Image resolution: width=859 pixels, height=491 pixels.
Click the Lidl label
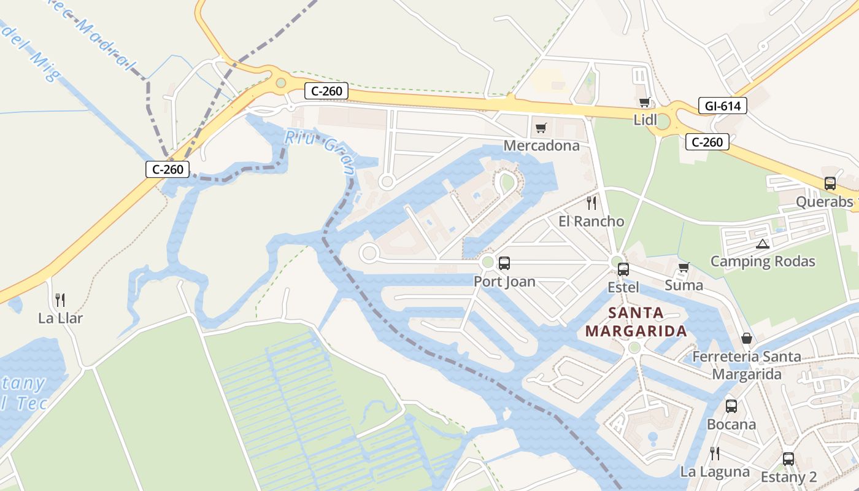click(645, 120)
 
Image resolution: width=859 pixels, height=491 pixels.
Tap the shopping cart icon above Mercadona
click(541, 128)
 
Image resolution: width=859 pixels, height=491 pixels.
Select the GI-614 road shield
click(722, 106)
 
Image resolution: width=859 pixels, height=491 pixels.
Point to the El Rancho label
click(591, 222)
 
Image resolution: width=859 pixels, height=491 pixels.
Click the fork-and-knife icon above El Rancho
click(591, 203)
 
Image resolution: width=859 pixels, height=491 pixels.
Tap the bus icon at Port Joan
click(504, 263)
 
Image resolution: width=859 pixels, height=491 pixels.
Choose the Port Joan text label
click(504, 282)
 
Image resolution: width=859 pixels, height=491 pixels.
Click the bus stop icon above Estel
click(623, 269)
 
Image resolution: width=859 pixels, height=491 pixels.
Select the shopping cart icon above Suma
click(684, 267)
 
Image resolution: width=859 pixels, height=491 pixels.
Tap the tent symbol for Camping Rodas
click(762, 244)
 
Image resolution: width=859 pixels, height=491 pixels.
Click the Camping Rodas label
click(763, 261)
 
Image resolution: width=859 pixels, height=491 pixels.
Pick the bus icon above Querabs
click(830, 183)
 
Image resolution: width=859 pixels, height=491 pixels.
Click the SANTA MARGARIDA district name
click(636, 322)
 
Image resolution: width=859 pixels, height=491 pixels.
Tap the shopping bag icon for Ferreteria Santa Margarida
click(746, 338)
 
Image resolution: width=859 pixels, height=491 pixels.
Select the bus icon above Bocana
click(731, 406)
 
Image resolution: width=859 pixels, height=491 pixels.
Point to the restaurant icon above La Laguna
click(714, 454)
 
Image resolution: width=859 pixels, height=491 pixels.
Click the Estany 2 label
click(788, 477)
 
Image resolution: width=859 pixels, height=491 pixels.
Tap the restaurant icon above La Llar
click(60, 300)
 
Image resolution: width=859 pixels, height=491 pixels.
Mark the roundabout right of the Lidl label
click(662, 121)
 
